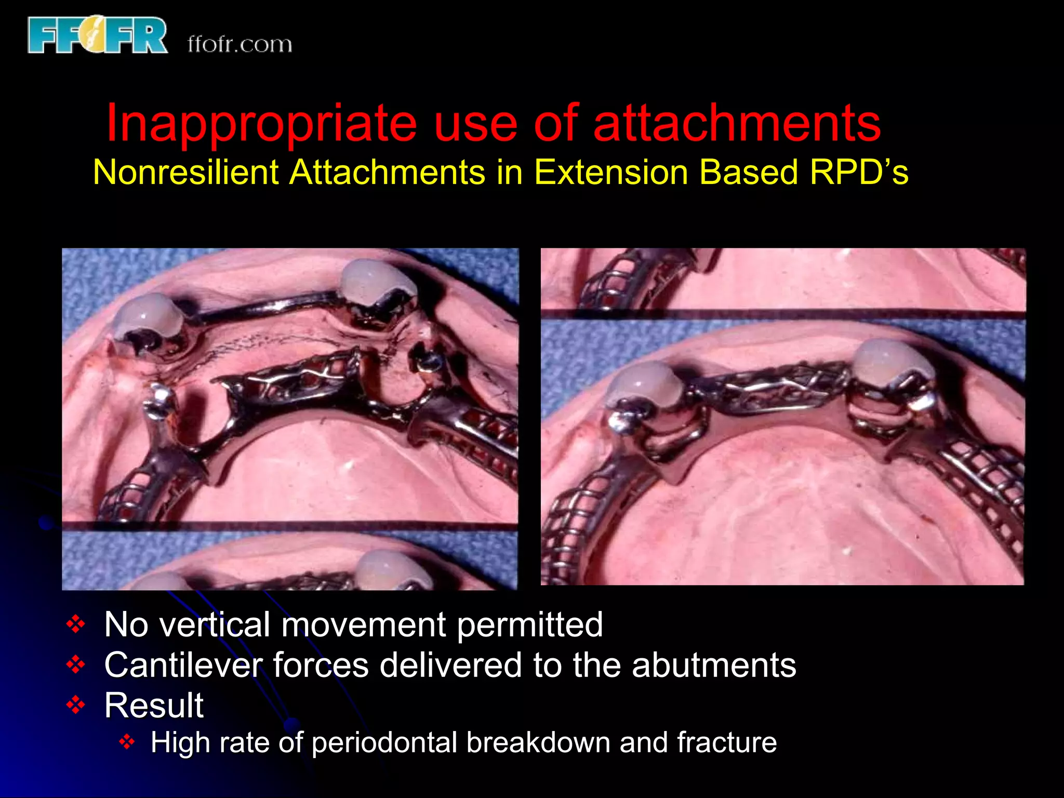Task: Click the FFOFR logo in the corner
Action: click(98, 35)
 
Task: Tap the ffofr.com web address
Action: click(240, 44)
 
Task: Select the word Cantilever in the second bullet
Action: click(182, 665)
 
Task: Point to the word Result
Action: click(154, 706)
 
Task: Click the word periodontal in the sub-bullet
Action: click(384, 742)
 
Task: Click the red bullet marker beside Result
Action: click(76, 705)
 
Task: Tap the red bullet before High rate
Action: click(127, 742)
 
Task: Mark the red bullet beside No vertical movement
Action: click(76, 624)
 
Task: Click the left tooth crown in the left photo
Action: click(148, 314)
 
